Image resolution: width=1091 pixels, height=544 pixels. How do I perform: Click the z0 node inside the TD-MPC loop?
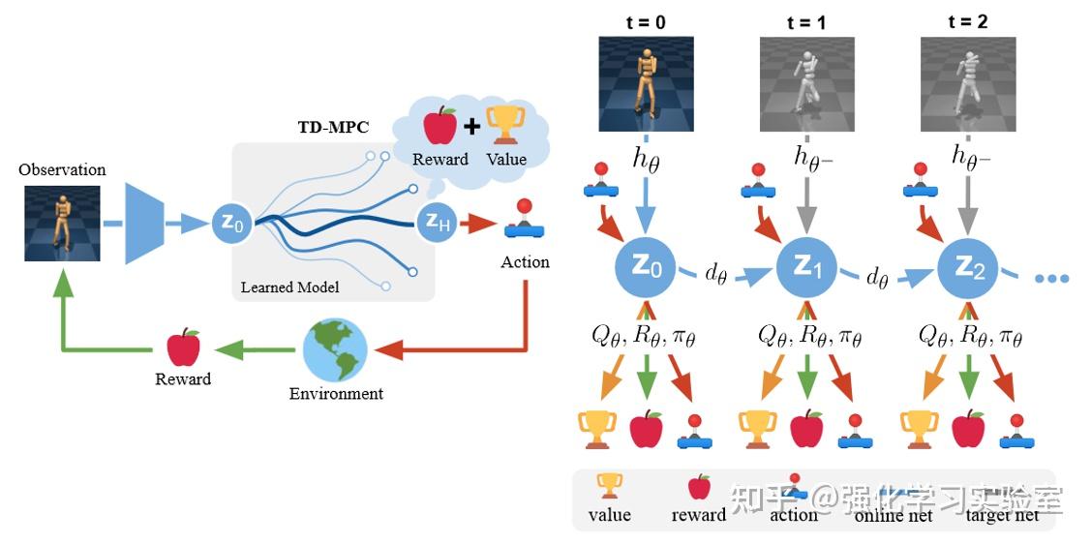[231, 225]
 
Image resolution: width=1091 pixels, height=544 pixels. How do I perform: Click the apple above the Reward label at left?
[183, 347]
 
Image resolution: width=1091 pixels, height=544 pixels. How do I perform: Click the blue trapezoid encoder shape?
[145, 225]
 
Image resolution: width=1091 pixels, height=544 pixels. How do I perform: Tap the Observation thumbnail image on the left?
[62, 224]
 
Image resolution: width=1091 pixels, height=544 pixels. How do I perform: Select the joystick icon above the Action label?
[525, 222]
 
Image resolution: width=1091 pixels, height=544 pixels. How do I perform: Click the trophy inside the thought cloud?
[504, 126]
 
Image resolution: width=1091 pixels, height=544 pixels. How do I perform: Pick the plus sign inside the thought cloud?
[471, 128]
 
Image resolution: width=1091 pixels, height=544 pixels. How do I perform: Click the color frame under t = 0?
[646, 83]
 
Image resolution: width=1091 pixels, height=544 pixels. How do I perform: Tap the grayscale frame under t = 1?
[806, 83]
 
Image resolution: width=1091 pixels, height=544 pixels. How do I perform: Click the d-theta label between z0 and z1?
[716, 274]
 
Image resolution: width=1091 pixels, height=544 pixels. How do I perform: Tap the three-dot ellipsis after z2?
[1051, 278]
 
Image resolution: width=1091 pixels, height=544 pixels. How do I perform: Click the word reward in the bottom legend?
[698, 515]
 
